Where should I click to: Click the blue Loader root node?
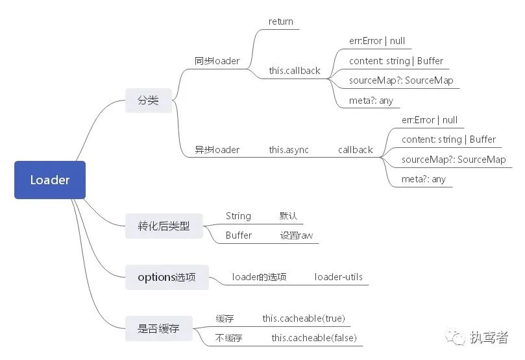tap(50, 180)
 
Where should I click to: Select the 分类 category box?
tap(149, 101)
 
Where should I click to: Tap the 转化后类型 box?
tap(164, 226)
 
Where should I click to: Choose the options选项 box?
tap(167, 277)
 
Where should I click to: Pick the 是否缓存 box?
tap(159, 329)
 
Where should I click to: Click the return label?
tap(280, 22)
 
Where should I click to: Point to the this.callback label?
tap(295, 71)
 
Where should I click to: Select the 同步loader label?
tap(217, 61)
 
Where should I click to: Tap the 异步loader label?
tap(217, 150)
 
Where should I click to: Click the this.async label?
tap(289, 150)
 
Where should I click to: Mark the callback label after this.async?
tap(355, 150)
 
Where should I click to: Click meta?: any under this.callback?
tap(371, 101)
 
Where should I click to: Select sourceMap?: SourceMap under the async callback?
tap(454, 160)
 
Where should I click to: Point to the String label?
tap(238, 216)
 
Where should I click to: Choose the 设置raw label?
tap(297, 235)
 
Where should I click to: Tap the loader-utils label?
tap(339, 277)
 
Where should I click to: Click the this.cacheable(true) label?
tap(304, 318)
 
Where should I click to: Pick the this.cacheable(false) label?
tap(314, 338)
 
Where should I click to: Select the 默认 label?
tap(288, 216)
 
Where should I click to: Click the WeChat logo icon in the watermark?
tap(456, 337)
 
